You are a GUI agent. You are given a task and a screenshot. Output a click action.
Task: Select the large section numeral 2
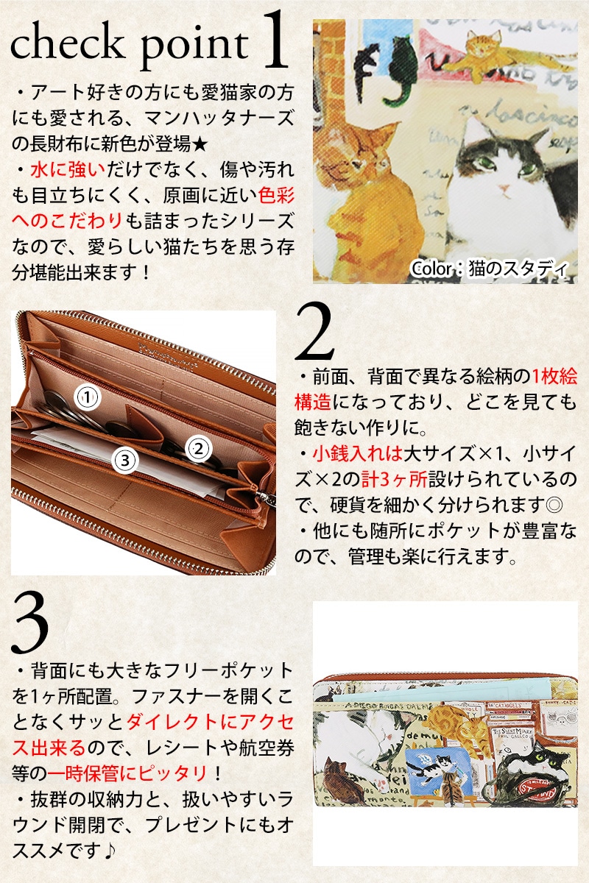point(314,331)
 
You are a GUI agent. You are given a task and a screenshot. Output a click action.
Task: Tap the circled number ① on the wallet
point(88,397)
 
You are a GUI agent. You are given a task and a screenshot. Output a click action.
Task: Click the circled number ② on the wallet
point(199,449)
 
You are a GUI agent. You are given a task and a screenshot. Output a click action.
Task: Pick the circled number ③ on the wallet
point(125,460)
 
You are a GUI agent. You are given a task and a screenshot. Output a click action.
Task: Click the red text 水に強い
point(68,170)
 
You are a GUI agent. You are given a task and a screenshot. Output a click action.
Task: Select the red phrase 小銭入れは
point(357,453)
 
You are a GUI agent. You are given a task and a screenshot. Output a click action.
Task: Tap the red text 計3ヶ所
point(394,479)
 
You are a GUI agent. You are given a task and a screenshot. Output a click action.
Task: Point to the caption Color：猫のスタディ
point(489,269)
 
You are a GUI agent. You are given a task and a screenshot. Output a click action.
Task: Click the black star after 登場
point(200,144)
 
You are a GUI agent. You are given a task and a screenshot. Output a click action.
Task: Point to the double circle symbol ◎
point(553,505)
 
